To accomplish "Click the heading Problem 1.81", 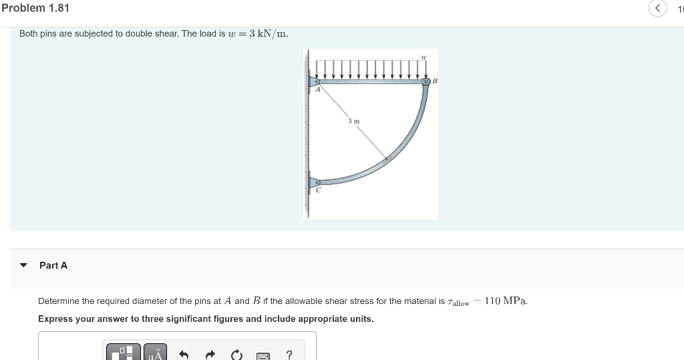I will click(x=35, y=8).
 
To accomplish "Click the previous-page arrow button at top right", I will click(x=657, y=9).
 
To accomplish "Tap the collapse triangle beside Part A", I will click(x=24, y=265).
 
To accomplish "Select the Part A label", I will click(x=53, y=265).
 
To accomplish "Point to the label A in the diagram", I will click(x=318, y=90).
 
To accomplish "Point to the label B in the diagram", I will click(x=435, y=81).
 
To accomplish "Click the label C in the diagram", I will click(x=318, y=190).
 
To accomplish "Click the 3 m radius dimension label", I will click(x=353, y=121).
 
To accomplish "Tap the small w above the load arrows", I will click(x=423, y=57).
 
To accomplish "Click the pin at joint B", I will click(x=426, y=82).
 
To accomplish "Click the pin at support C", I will click(x=317, y=182).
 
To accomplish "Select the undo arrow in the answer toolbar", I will click(x=185, y=355).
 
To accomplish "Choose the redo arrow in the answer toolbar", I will click(x=210, y=355).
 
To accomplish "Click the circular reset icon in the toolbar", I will click(x=236, y=355).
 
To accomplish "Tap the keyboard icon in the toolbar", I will click(x=263, y=355).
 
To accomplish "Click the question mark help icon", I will click(x=289, y=355).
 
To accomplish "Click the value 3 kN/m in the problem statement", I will click(x=269, y=33).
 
